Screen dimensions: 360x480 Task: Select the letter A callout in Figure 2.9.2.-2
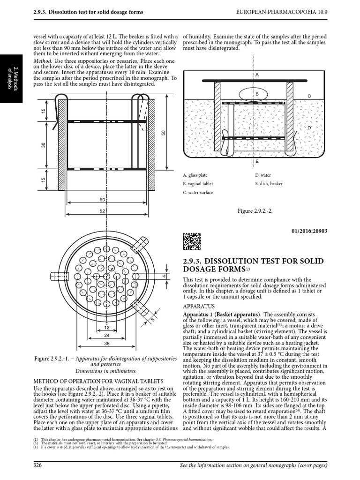(257, 75)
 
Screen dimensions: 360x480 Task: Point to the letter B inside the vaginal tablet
(257, 94)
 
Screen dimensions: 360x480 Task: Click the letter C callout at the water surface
(309, 96)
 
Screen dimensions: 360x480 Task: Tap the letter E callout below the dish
(257, 161)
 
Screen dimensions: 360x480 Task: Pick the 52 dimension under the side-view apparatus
(102, 211)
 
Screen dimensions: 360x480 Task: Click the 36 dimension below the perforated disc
(107, 344)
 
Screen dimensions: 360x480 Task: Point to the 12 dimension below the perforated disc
(107, 327)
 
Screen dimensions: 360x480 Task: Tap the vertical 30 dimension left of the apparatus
(43, 146)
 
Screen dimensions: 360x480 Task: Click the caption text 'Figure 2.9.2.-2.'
(255, 211)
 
